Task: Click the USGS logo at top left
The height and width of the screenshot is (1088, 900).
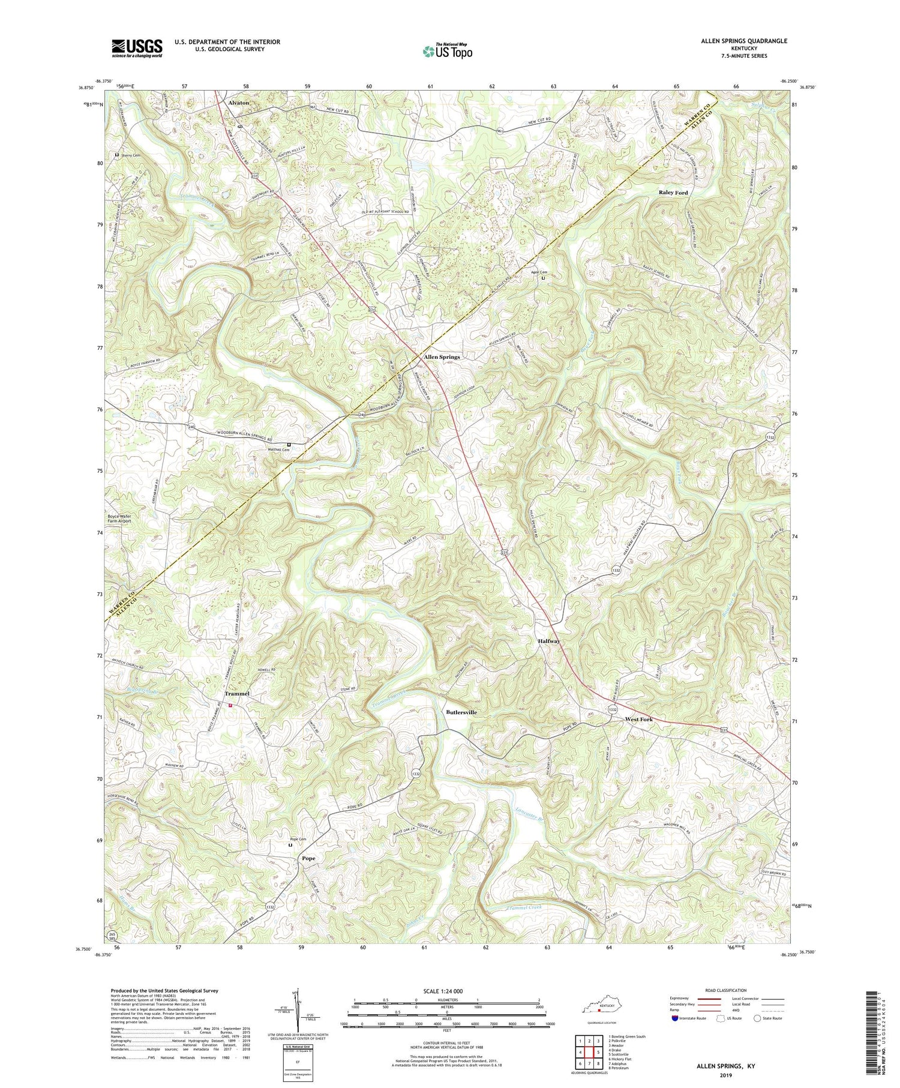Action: [x=136, y=48]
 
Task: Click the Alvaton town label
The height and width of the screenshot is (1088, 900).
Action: [x=238, y=103]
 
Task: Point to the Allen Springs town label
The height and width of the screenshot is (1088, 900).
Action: [x=442, y=356]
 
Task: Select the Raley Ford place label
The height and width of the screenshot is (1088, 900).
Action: [x=673, y=193]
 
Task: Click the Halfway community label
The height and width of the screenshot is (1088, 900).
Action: [x=549, y=641]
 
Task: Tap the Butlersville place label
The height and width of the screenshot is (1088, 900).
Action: [x=461, y=712]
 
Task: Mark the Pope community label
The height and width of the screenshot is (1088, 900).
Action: [x=308, y=858]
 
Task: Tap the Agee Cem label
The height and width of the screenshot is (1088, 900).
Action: [x=539, y=272]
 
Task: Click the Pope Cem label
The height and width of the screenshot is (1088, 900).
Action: [x=298, y=839]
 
